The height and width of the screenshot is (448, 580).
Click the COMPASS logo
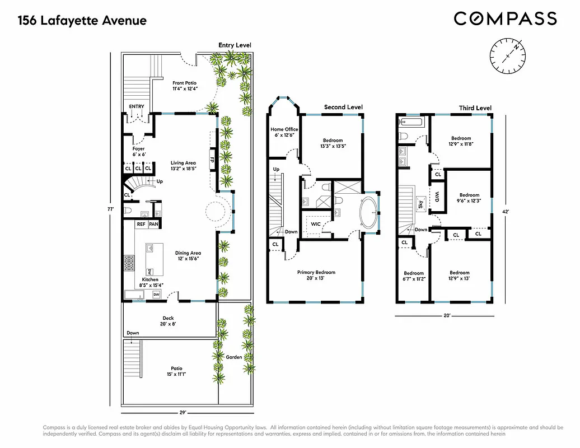click(505, 19)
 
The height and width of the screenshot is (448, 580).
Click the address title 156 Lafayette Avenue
click(82, 21)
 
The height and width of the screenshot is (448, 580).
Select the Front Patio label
click(184, 86)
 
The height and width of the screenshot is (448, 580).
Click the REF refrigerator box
click(141, 224)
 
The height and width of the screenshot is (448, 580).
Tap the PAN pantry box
click(153, 224)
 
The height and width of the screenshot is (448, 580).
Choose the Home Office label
click(284, 132)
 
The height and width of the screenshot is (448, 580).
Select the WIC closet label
click(316, 224)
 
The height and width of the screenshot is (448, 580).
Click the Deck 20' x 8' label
click(168, 321)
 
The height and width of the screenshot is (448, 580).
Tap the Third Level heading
click(475, 108)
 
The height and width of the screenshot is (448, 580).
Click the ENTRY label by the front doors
click(136, 106)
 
